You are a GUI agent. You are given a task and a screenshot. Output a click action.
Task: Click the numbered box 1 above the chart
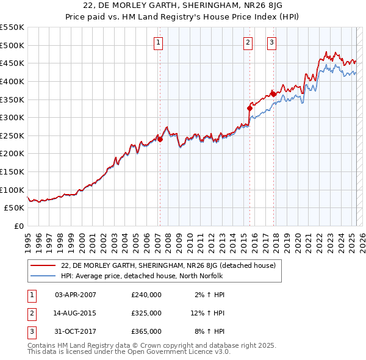coord(158,42)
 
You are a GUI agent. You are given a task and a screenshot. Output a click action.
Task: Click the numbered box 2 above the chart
coord(248,42)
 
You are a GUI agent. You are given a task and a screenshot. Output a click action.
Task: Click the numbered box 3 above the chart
coord(271,42)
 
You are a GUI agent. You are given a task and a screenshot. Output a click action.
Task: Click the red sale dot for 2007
coord(160,139)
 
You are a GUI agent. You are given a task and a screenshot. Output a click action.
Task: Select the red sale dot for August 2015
coord(249,108)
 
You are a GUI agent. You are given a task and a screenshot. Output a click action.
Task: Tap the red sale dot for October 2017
coord(273,94)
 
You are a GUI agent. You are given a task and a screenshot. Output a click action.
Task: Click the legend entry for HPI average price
coord(143,276)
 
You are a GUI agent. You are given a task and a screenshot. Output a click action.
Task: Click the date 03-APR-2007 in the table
coord(76,295)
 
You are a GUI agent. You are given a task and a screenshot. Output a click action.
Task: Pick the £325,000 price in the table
coord(146,313)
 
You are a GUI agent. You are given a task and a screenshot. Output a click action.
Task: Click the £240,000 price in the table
coord(146,295)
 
